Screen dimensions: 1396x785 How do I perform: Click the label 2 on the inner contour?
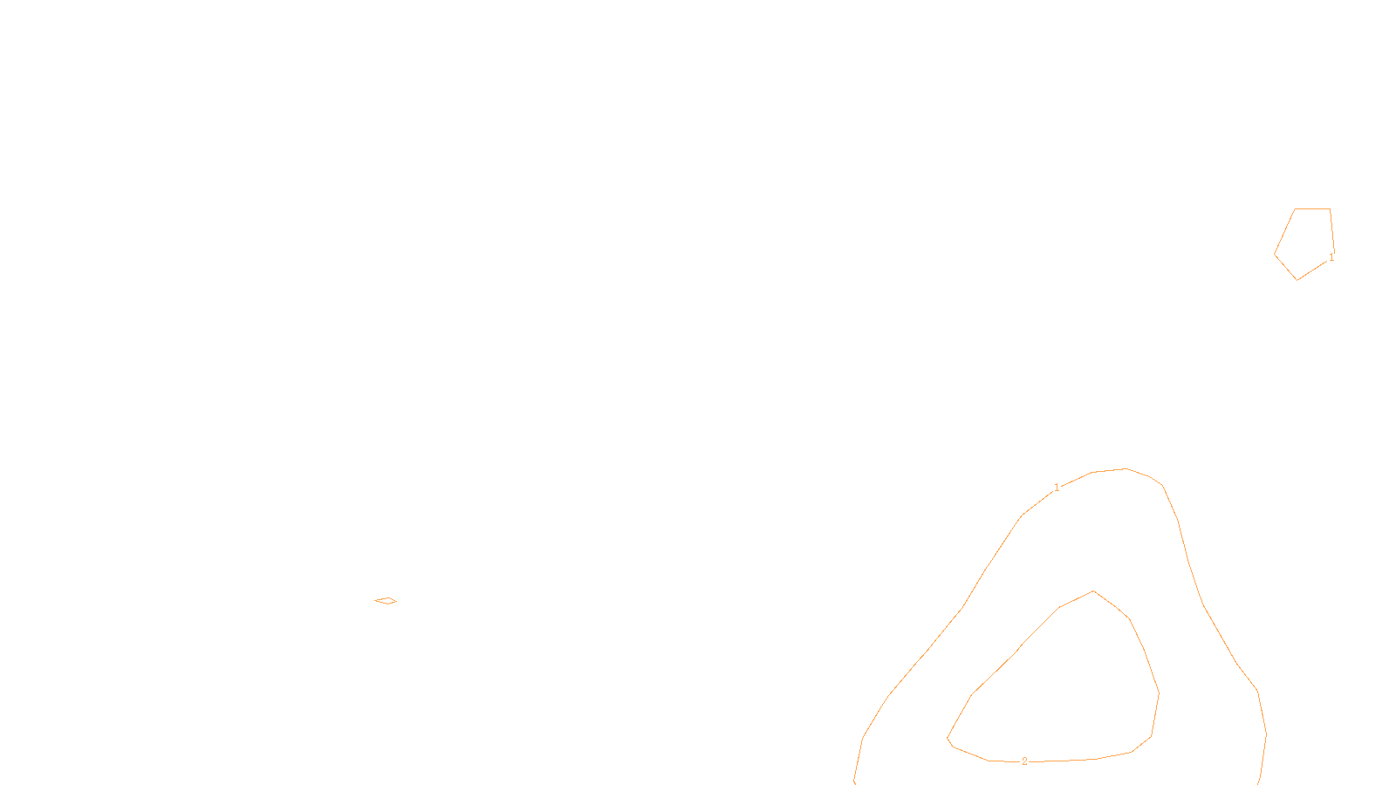pyautogui.click(x=1024, y=761)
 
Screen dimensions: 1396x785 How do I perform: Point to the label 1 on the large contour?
pyautogui.click(x=1057, y=488)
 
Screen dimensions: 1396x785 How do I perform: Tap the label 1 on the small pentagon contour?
pyautogui.click(x=1331, y=257)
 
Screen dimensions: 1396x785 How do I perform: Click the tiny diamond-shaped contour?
pyautogui.click(x=386, y=600)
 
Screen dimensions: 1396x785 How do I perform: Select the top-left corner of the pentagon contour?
pyautogui.click(x=1296, y=208)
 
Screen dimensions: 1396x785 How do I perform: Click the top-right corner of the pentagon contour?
pyautogui.click(x=1330, y=208)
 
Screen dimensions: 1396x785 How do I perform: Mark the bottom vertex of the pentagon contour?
pyautogui.click(x=1297, y=280)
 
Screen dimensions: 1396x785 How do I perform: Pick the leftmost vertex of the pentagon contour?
pyautogui.click(x=1275, y=254)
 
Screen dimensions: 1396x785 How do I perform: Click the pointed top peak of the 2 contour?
pyautogui.click(x=1093, y=591)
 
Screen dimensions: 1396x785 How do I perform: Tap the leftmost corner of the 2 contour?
pyautogui.click(x=948, y=740)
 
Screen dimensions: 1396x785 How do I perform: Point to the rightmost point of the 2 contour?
pyautogui.click(x=1159, y=693)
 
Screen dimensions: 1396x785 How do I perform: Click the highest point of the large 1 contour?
pyautogui.click(x=1126, y=468)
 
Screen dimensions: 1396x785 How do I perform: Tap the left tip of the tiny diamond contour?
pyautogui.click(x=374, y=600)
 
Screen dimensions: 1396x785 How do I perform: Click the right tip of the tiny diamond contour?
pyautogui.click(x=397, y=600)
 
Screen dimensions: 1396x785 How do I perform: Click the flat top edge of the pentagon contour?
pyautogui.click(x=1312, y=208)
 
